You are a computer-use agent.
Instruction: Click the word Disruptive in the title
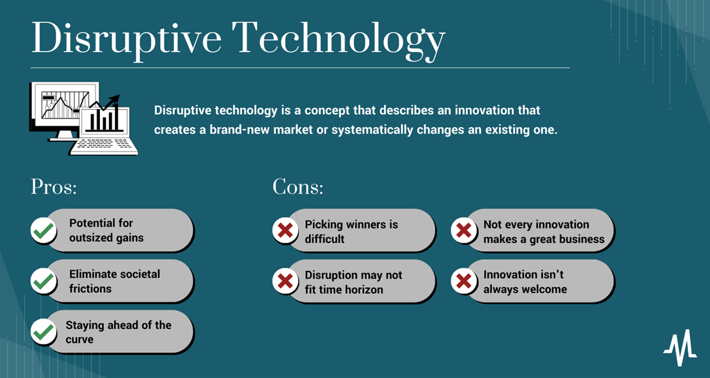127,39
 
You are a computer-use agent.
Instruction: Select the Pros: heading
54,186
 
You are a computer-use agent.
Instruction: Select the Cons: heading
298,186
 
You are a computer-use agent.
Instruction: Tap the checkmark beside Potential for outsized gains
43,231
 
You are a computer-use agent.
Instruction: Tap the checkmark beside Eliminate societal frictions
43,281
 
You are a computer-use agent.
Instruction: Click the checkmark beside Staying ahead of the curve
43,332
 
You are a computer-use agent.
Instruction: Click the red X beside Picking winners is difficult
285,231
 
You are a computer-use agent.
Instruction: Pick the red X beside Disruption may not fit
285,281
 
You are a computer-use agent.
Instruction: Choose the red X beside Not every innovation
463,231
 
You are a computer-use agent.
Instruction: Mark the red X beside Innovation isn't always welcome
463,281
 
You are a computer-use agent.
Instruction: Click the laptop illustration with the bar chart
105,130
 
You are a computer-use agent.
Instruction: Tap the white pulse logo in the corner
680,348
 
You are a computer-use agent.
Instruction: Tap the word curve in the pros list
79,339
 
